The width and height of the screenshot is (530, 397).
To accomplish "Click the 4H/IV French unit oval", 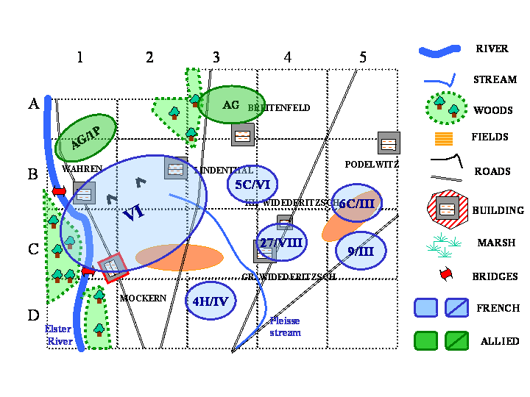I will (x=211, y=301).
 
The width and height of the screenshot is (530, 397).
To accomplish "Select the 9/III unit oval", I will (x=361, y=251).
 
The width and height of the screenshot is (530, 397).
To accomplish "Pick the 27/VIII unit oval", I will (x=281, y=242).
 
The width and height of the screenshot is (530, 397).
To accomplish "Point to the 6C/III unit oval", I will (x=357, y=203).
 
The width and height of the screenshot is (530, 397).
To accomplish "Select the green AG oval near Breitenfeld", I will (x=231, y=105).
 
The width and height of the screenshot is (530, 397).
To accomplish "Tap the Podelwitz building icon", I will (x=389, y=143).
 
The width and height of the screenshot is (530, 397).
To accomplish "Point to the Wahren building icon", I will (x=85, y=193).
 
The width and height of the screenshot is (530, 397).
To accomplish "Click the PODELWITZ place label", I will (x=371, y=164).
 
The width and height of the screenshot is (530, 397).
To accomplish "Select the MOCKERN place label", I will (x=143, y=298).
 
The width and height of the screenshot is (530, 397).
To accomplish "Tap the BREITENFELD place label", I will (x=279, y=108).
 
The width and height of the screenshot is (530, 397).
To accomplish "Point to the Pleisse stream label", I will (x=285, y=327).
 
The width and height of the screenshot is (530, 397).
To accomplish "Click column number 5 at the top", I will (x=363, y=57).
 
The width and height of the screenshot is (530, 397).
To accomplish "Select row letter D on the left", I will (x=33, y=315).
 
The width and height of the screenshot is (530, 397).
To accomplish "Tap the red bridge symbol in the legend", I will (x=445, y=275).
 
